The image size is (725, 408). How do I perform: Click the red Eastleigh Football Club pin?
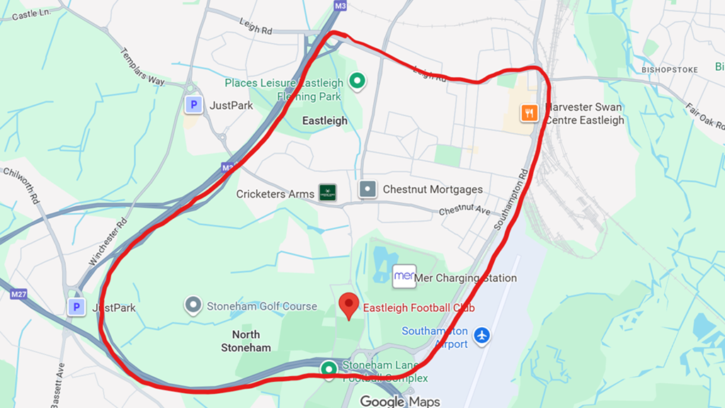(x=348, y=305)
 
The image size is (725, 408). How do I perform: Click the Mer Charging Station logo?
(x=404, y=276)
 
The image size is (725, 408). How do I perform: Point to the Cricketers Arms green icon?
(x=326, y=193)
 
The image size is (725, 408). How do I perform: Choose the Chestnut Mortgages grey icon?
(x=368, y=189)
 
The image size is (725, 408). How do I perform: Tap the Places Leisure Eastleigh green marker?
(x=358, y=81)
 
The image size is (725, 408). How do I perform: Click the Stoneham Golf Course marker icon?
(x=193, y=306)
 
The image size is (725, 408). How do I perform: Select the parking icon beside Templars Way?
(x=193, y=106)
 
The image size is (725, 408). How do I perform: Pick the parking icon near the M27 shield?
(x=76, y=307)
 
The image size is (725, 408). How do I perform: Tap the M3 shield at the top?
(x=340, y=6)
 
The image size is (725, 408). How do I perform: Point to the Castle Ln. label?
(x=33, y=14)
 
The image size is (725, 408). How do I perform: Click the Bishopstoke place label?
(x=669, y=70)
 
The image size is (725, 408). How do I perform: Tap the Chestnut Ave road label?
(x=464, y=210)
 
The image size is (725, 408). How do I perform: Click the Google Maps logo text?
(x=399, y=402)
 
